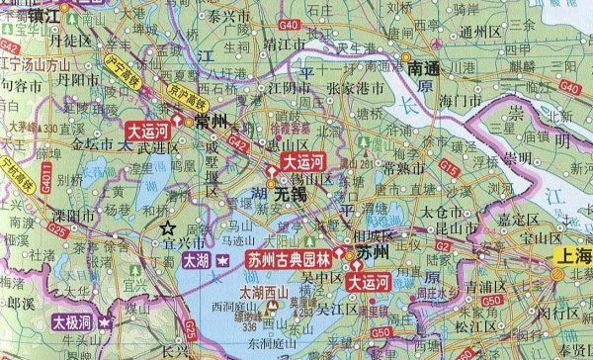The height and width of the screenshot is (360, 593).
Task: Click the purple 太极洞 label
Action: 73,322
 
